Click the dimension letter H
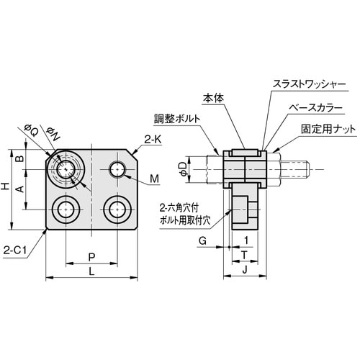[6, 186]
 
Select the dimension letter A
[20, 189]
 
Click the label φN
[53, 132]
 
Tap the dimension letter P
[91, 256]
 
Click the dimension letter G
[202, 240]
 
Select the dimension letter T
[245, 254]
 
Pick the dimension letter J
[245, 269]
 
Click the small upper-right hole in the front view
[118, 170]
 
